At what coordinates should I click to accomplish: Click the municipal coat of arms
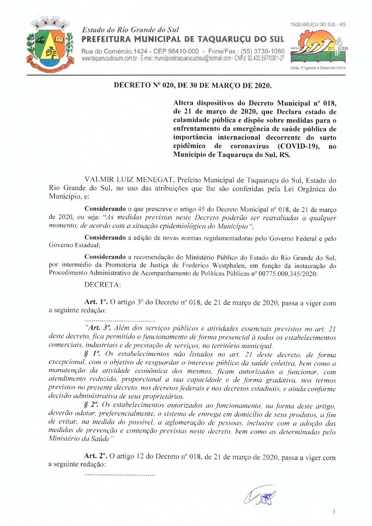(48, 43)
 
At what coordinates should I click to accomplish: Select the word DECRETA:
(100, 285)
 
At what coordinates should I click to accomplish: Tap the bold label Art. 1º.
(96, 302)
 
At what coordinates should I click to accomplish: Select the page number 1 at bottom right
(334, 511)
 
